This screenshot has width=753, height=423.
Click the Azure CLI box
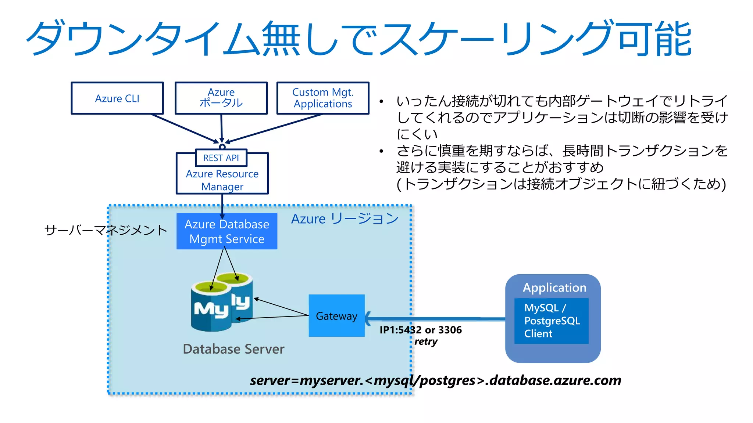click(x=117, y=98)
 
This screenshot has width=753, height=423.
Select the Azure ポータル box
click(x=221, y=98)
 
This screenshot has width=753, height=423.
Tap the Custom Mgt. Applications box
click(x=322, y=98)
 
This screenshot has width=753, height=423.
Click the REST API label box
click(x=221, y=158)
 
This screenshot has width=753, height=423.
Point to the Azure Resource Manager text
click(x=222, y=180)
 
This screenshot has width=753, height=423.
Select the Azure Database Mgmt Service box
click(x=227, y=231)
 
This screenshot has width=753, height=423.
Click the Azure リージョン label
click(x=345, y=219)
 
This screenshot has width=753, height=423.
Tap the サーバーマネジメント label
click(x=106, y=230)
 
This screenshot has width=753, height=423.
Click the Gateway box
click(x=336, y=316)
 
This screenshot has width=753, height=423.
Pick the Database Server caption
click(x=233, y=349)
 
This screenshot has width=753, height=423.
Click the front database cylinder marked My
click(x=211, y=308)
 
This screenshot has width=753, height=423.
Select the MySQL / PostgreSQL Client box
click(x=551, y=321)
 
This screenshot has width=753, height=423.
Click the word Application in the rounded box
click(x=554, y=288)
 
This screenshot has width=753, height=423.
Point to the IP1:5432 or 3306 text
click(x=420, y=330)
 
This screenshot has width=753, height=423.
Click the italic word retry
click(x=426, y=341)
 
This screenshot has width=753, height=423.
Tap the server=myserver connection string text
click(x=435, y=380)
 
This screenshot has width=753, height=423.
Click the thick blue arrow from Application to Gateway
click(x=434, y=319)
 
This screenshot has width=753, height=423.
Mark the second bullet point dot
click(x=382, y=151)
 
